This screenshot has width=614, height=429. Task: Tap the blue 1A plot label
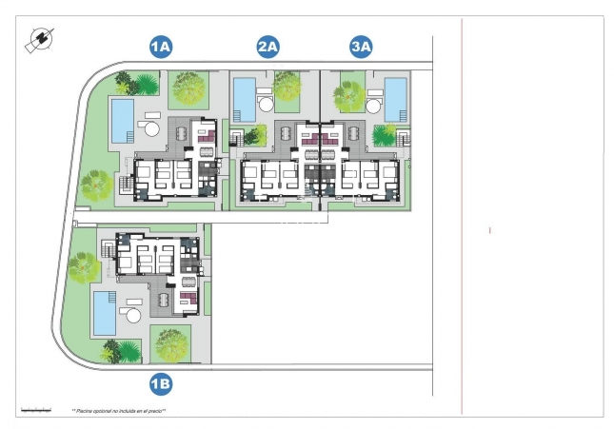click(x=160, y=45)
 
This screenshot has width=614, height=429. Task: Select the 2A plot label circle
click(x=267, y=45)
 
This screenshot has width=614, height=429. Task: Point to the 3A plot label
click(x=361, y=45)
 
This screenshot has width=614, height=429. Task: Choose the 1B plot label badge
click(x=160, y=383)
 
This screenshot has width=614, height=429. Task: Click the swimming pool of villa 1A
click(x=122, y=119)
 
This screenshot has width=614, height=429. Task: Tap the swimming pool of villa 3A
click(x=395, y=95)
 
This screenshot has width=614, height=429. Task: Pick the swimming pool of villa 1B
click(x=104, y=312)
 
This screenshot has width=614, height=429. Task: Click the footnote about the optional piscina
click(x=119, y=411)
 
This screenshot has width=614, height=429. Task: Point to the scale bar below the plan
click(x=34, y=409)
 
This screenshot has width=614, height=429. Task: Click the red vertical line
click(x=462, y=219)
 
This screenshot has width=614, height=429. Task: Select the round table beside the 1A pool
click(x=151, y=127)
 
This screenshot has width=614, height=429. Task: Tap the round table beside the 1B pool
click(x=131, y=315)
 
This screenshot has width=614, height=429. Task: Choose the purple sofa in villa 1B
click(x=188, y=300)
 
